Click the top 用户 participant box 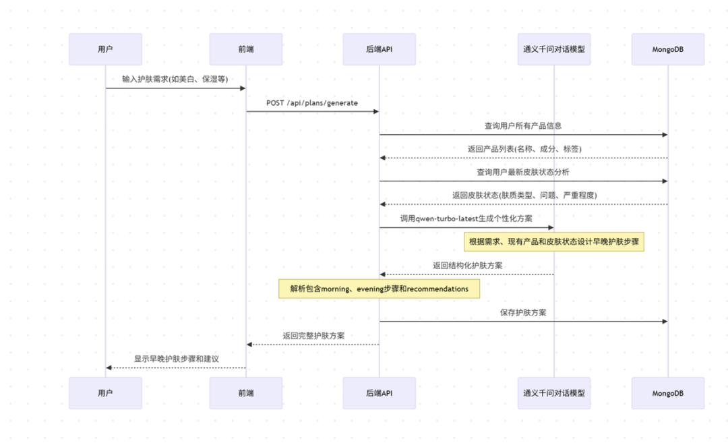105,49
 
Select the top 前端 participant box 246,49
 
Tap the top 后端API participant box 380,49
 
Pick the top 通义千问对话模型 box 554,49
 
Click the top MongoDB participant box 667,49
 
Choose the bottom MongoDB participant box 667,393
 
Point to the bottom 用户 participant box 105,393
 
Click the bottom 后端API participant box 380,393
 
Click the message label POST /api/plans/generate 312,102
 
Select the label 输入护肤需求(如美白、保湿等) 175,79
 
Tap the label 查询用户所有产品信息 523,126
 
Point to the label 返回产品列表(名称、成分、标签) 524,149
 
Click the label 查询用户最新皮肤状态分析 523,173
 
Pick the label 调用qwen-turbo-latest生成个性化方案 466,218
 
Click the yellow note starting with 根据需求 554,241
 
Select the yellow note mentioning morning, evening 380,289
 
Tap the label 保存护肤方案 523,313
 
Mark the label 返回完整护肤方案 314,336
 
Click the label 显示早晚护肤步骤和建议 177,359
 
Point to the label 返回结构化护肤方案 468,266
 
